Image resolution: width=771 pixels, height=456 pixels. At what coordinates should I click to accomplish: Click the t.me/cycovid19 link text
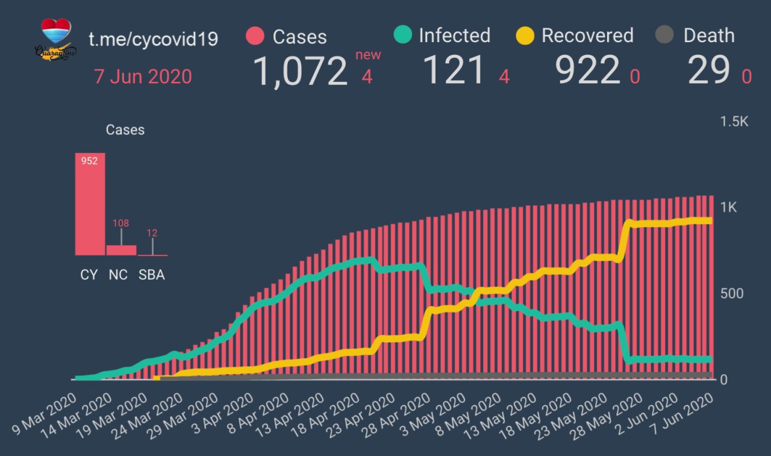153,40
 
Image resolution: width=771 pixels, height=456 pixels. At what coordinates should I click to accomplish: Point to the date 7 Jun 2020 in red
143,77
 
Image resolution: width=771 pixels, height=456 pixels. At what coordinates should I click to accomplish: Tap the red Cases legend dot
255,36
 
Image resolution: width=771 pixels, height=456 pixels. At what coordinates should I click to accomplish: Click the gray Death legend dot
664,36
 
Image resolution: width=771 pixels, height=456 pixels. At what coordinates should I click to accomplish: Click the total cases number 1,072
300,70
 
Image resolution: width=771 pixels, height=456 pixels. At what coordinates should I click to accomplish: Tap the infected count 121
454,70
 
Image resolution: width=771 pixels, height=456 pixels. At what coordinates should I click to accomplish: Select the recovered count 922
588,70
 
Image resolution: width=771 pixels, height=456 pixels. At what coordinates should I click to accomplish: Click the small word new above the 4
368,55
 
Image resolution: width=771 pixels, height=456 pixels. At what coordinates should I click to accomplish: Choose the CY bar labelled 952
90,205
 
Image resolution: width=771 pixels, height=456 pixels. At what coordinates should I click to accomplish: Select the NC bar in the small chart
121,250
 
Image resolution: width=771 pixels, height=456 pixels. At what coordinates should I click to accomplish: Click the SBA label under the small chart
151,275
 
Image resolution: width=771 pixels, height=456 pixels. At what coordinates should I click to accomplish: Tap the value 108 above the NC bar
121,223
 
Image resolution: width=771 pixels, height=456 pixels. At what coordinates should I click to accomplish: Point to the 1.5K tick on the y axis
734,122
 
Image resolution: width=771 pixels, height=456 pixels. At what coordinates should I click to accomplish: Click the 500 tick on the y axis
732,293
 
